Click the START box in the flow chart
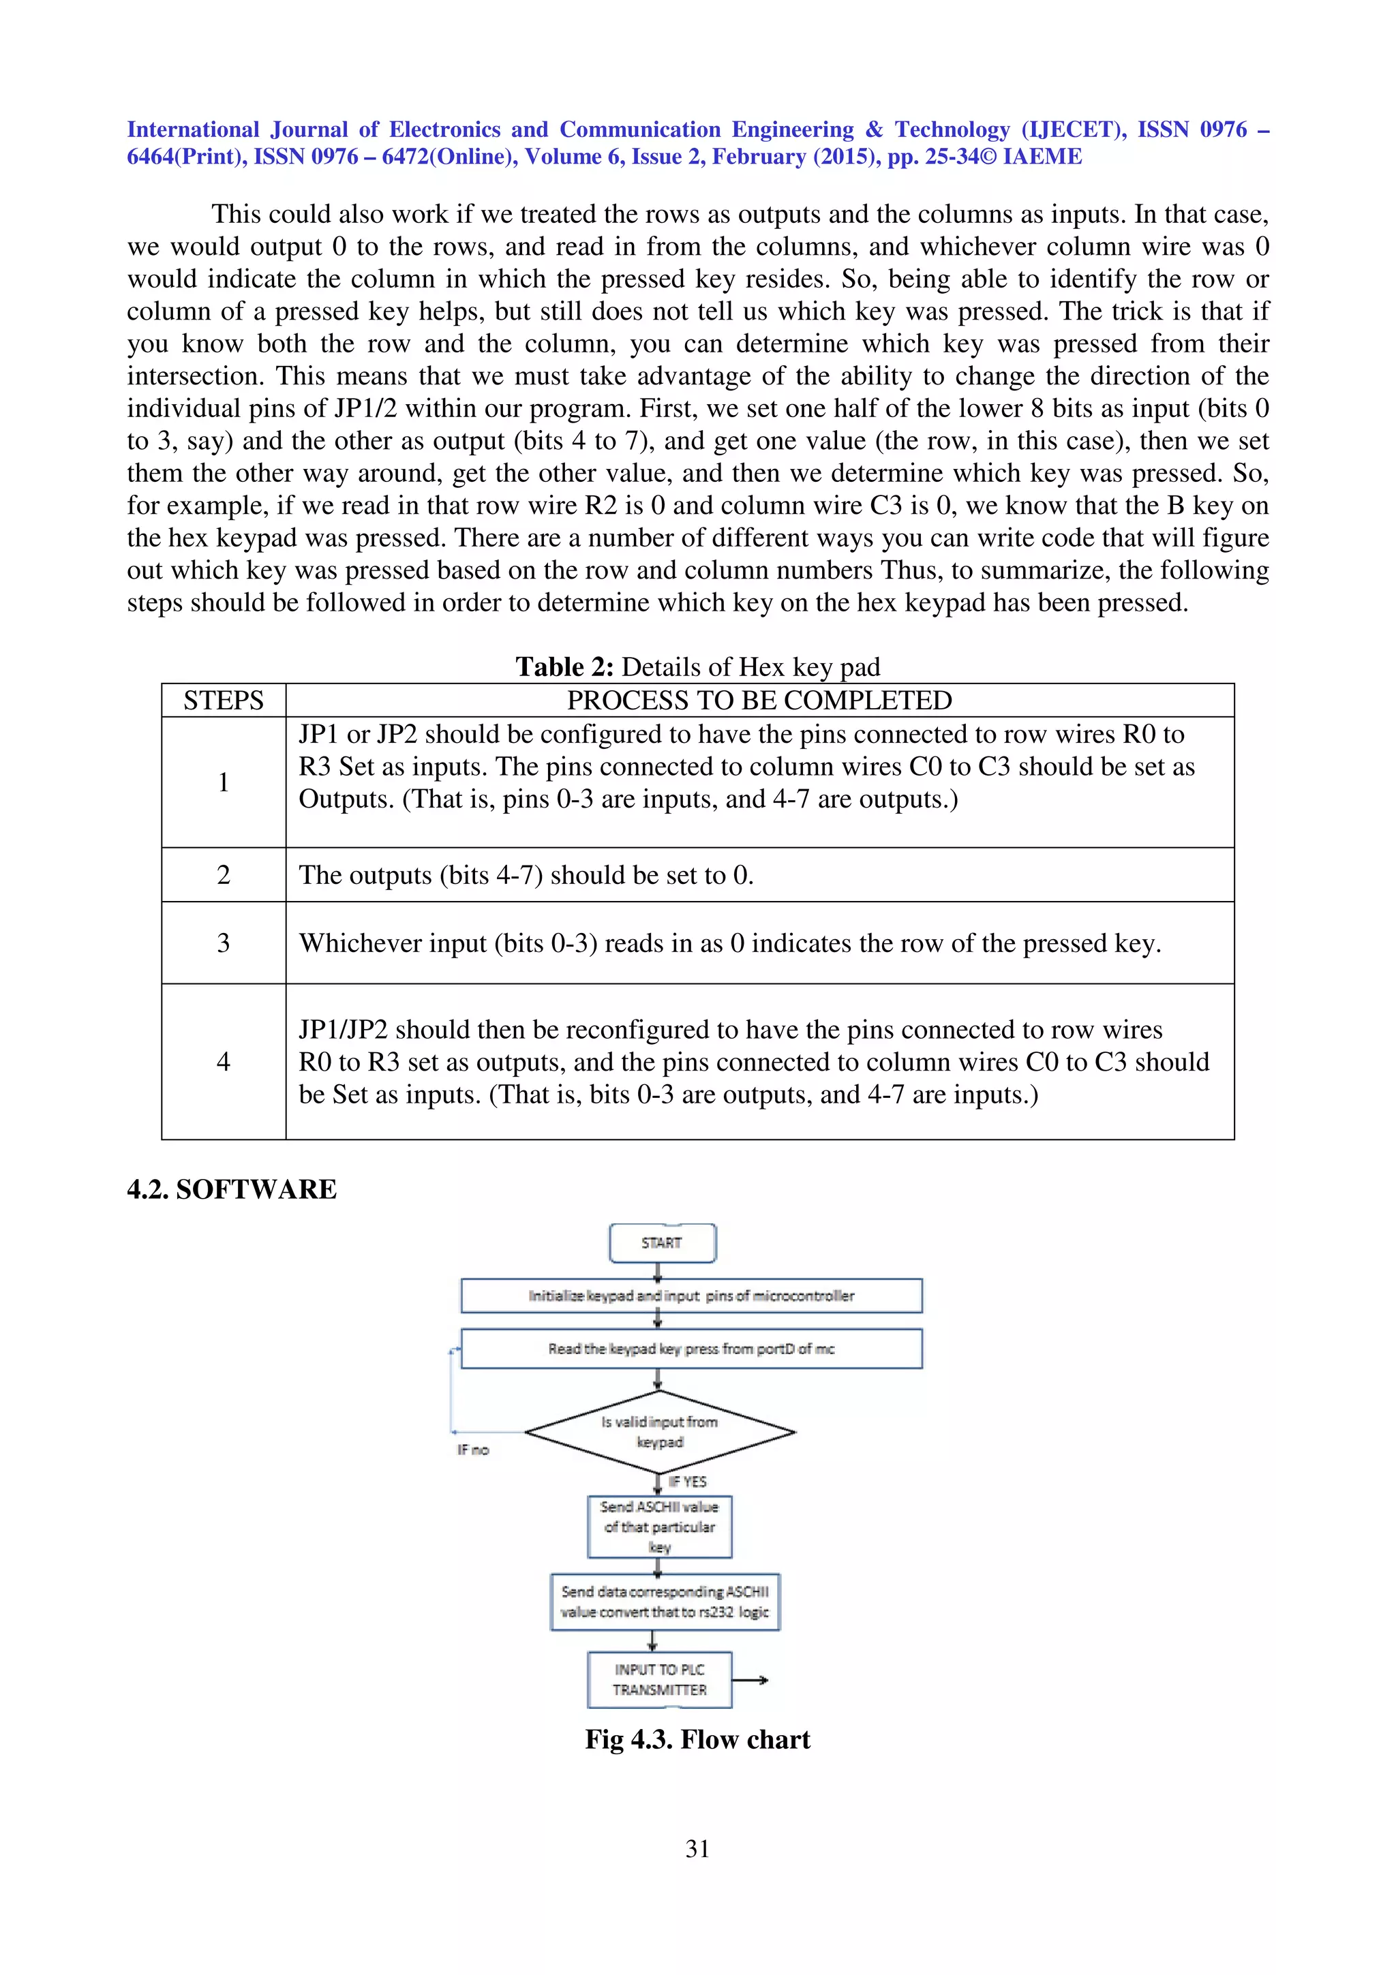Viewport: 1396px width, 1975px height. pos(661,1243)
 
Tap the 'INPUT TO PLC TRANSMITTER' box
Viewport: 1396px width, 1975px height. pos(660,1679)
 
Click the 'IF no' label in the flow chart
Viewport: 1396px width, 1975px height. pos(472,1450)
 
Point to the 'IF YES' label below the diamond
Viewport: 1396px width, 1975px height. pos(687,1482)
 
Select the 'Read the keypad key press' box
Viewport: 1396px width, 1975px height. pos(691,1349)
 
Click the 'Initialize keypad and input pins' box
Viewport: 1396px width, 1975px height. pos(691,1296)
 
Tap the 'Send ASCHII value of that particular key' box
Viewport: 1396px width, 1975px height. pos(660,1527)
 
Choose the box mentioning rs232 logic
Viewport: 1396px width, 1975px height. pos(665,1602)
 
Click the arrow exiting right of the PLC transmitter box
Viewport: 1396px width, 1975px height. pos(750,1680)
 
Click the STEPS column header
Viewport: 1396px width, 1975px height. pos(223,700)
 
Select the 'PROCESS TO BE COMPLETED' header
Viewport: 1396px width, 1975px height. pos(759,700)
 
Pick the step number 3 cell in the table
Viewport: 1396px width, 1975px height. pos(223,943)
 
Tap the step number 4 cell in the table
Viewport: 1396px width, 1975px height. pos(223,1062)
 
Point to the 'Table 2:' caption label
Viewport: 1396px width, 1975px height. pos(564,667)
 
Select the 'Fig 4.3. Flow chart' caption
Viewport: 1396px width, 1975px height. pos(697,1739)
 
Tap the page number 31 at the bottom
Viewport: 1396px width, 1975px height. pos(697,1848)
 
